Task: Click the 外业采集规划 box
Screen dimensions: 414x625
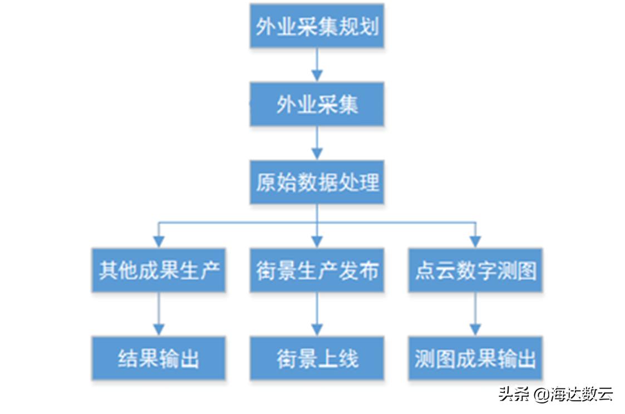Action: [x=317, y=26]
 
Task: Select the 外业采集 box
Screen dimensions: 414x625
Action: [x=317, y=104]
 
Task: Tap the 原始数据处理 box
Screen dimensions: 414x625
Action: [x=317, y=182]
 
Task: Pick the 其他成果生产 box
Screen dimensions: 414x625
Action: [x=159, y=270]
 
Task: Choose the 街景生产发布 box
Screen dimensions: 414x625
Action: [x=317, y=270]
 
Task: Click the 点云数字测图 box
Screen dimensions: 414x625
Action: [x=475, y=270]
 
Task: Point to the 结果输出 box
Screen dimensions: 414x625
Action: [x=159, y=358]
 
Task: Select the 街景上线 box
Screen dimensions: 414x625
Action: [x=317, y=358]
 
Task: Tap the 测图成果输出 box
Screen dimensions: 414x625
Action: [x=475, y=358]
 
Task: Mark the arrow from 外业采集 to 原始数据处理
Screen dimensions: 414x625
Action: [x=317, y=143]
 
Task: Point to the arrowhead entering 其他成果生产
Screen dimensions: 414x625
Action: [x=159, y=241]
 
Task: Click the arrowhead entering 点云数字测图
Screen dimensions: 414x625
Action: [x=475, y=241]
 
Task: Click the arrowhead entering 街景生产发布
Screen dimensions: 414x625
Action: [x=317, y=241]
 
